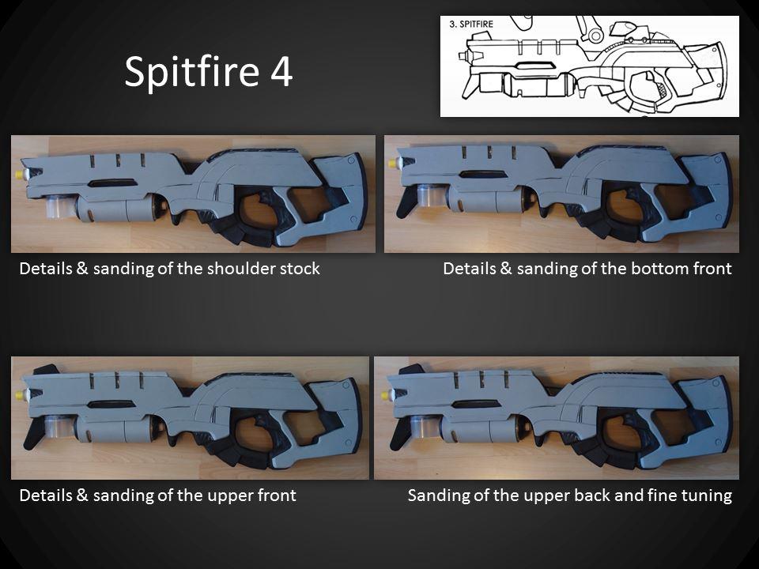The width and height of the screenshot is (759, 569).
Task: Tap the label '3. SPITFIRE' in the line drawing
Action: coord(471,24)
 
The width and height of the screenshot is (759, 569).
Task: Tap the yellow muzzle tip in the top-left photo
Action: coord(21,174)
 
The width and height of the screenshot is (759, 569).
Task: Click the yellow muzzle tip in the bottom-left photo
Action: coord(20,395)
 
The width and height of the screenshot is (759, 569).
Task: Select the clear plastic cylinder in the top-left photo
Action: coord(60,205)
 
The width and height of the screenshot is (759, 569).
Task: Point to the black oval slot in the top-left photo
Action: coord(112,183)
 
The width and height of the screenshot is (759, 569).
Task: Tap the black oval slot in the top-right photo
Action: coord(481,174)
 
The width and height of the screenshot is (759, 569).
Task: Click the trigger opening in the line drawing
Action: coord(646,86)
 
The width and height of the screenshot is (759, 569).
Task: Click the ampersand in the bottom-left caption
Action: coord(82,496)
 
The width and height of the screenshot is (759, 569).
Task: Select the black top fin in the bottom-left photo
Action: coord(46,369)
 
